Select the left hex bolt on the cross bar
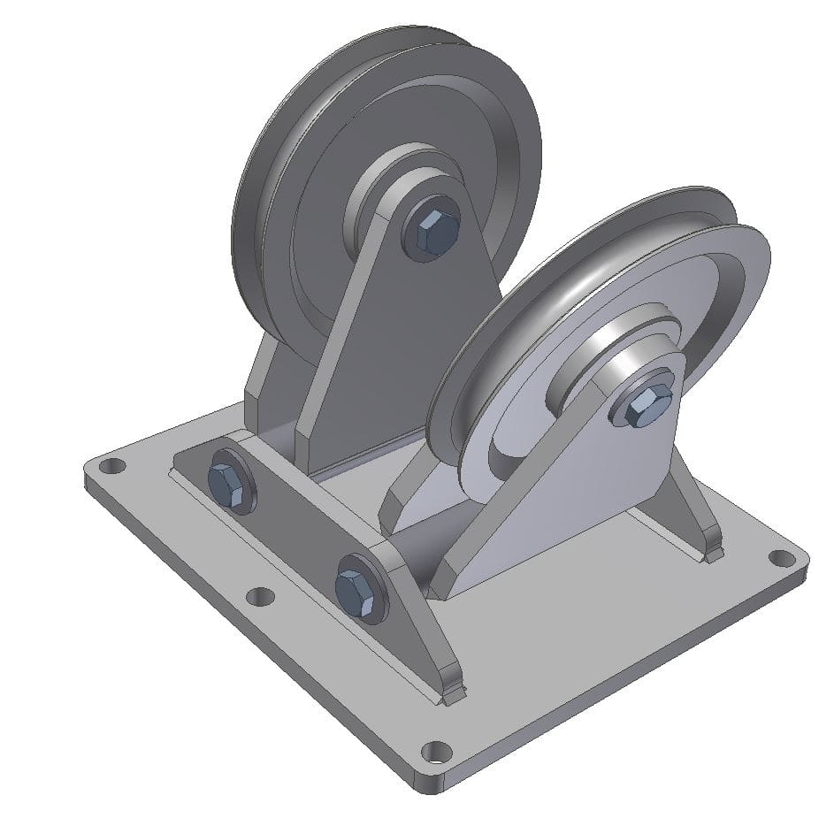pyautogui.click(x=228, y=484)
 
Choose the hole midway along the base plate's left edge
pyautogui.click(x=260, y=596)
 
